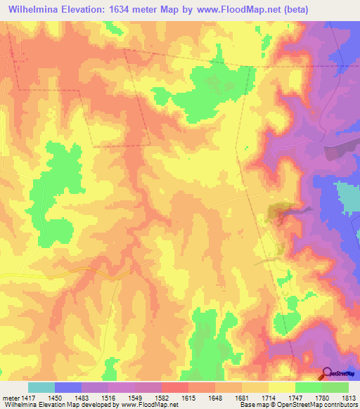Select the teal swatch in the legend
click(x=41, y=387)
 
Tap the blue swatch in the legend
click(x=68, y=387)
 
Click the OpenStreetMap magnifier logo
click(x=326, y=374)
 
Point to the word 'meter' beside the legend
click(x=10, y=397)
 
